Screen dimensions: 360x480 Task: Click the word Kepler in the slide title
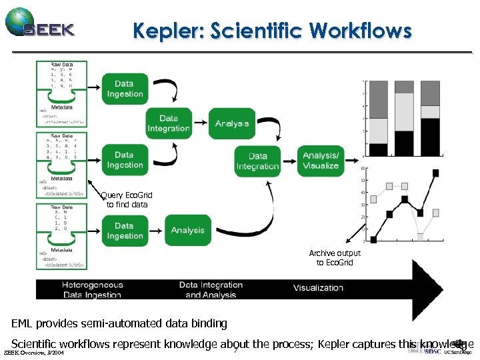(x=163, y=31)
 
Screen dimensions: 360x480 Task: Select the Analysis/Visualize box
(x=321, y=160)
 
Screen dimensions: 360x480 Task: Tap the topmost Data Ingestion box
(x=125, y=89)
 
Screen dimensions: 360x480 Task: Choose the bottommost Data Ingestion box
(x=125, y=231)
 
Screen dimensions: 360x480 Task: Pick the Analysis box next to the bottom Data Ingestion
(x=187, y=231)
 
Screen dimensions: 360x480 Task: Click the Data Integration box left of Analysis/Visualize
(x=257, y=161)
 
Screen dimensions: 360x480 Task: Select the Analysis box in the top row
(x=232, y=123)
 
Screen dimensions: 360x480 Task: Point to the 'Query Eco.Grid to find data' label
(x=126, y=199)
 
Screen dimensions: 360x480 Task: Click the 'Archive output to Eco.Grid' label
(x=334, y=257)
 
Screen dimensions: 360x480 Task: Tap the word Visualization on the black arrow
(x=318, y=288)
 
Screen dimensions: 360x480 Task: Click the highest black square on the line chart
(x=436, y=173)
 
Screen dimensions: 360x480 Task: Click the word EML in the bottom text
(x=22, y=324)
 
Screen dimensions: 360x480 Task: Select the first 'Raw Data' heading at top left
(x=62, y=64)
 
